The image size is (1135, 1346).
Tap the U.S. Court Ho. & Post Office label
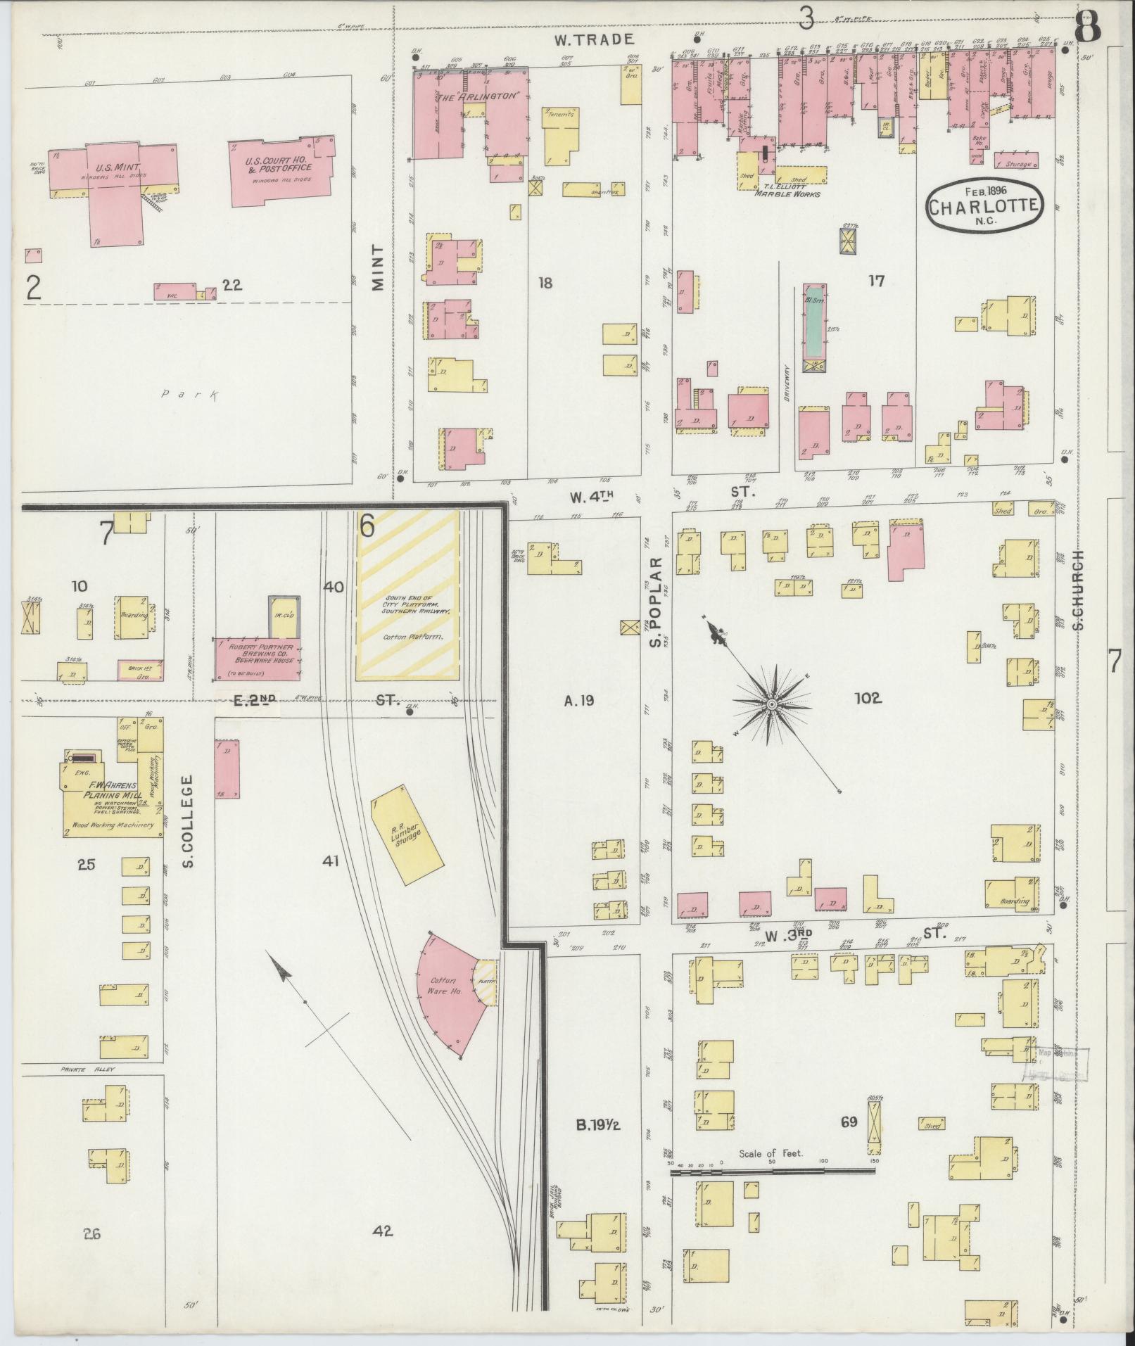(278, 165)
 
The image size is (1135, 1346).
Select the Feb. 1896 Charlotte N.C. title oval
(983, 205)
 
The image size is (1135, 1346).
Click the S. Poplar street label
(656, 602)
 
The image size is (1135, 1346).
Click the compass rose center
(772, 704)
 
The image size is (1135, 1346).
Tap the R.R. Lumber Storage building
(407, 834)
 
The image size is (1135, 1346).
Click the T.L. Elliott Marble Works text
(787, 190)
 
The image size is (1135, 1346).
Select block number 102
(868, 699)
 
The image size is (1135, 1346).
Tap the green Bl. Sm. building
(814, 321)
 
